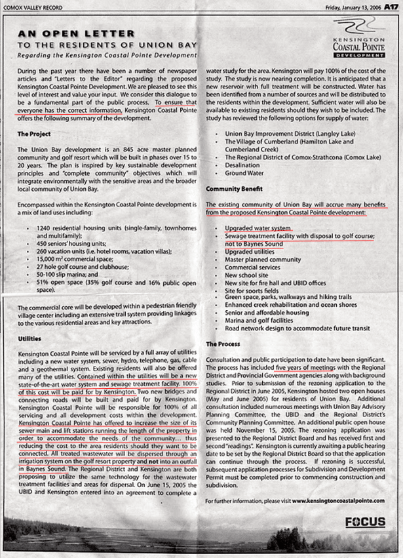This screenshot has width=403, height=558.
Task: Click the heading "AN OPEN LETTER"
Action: (x=77, y=33)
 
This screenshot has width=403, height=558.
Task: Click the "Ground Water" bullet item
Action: (x=244, y=173)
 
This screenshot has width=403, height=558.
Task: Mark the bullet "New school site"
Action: (x=247, y=276)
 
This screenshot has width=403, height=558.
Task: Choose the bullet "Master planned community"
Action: (x=261, y=260)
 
